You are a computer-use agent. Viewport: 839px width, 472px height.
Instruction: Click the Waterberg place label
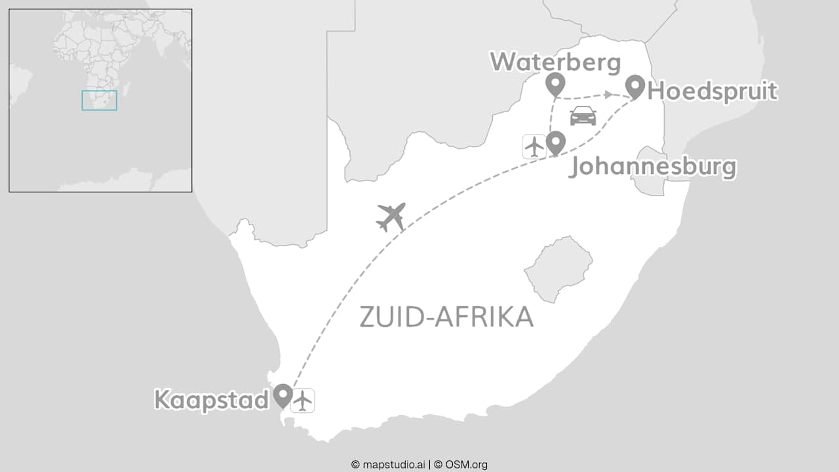coord(555,62)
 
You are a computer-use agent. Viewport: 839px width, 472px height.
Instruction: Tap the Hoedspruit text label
coord(712,91)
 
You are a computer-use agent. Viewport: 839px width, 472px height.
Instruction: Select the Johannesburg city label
coord(652,167)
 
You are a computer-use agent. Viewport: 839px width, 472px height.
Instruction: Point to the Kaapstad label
coord(211,399)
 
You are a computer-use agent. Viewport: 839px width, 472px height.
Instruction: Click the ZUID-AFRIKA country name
coord(446,317)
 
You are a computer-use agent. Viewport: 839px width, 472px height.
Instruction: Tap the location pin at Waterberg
coord(555,84)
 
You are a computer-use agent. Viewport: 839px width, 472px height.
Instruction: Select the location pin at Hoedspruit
coord(634,86)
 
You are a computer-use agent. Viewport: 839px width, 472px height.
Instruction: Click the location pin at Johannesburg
coord(556,142)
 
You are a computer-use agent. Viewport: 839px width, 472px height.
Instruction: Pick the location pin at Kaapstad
coord(283,395)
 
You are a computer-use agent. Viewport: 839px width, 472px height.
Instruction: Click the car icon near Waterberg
coord(583,116)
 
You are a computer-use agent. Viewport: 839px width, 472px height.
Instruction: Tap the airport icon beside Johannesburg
coord(535,146)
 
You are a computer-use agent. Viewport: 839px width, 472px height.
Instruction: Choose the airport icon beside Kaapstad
coord(302,400)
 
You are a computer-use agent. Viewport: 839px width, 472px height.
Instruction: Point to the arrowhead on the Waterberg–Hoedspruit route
coord(609,95)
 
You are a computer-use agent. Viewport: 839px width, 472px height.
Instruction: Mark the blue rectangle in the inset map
coord(99,100)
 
